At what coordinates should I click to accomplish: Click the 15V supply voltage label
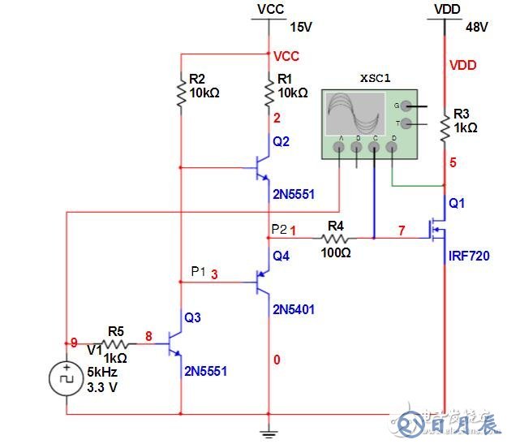coord(300,27)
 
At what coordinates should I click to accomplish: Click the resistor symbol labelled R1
coord(269,96)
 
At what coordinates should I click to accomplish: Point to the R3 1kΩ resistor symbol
coord(445,126)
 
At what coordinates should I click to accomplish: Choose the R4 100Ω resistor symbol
coord(335,239)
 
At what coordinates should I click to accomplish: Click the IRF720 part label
coord(469,256)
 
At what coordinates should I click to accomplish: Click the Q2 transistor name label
coord(281,141)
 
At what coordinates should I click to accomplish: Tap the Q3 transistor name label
coord(192,317)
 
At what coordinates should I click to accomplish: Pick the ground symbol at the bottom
coord(269,430)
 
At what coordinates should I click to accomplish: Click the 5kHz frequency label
coord(104,373)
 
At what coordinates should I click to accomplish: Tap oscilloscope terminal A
coord(338,149)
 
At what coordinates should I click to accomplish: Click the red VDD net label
coord(462,65)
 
